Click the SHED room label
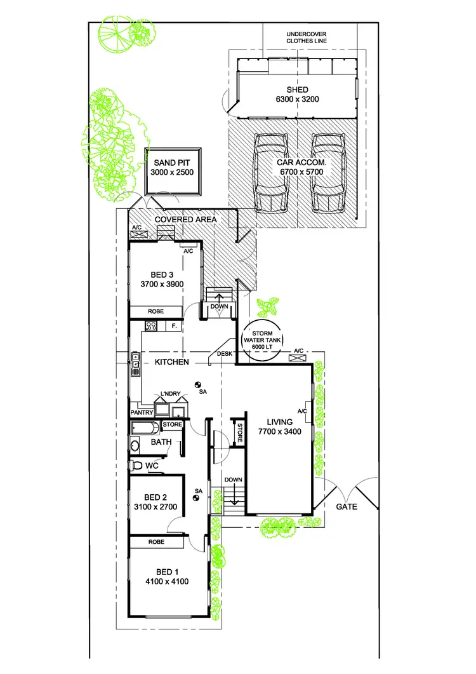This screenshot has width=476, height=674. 297,89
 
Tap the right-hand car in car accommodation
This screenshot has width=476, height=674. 328,172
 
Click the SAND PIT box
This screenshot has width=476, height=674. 173,172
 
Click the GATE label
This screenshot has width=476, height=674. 347,507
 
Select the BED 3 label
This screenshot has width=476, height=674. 154,275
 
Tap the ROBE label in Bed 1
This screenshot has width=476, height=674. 156,542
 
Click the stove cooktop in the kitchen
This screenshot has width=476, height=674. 152,327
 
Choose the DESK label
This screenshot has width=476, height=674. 224,354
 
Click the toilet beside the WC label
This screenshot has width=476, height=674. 135,466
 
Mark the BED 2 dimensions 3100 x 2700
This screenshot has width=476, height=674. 156,507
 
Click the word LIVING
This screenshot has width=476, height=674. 279,422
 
